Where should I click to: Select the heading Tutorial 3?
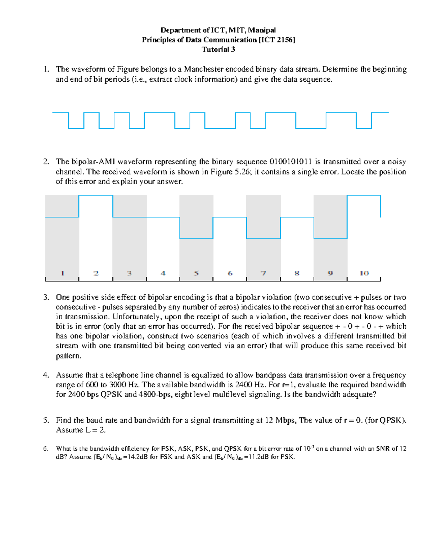point(218,50)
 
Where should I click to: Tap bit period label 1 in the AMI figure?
point(63,273)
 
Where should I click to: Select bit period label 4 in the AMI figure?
point(163,273)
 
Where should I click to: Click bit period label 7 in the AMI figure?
point(264,273)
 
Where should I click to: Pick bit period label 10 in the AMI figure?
point(364,273)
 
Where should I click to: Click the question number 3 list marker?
point(46,298)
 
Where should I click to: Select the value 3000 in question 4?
point(117,385)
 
